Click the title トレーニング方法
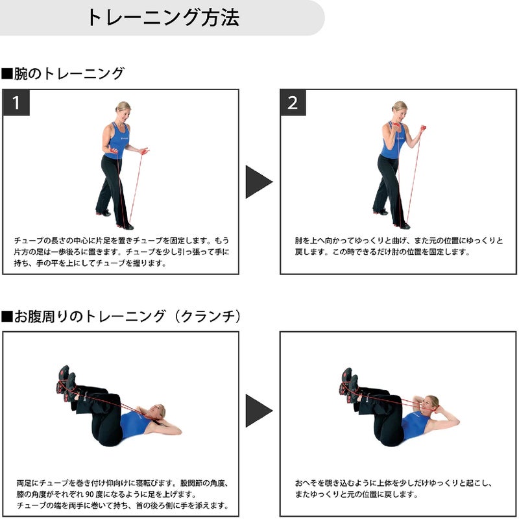[163, 18]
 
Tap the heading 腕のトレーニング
[63, 73]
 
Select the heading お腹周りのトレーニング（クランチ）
[121, 316]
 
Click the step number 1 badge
[16, 103]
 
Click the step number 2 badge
[293, 103]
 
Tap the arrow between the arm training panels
[259, 182]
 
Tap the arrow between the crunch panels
[259, 411]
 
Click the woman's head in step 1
[123, 110]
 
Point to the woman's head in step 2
[400, 110]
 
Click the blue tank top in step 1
[117, 141]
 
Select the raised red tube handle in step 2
[423, 128]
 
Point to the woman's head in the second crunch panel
[431, 404]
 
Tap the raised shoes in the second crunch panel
[350, 385]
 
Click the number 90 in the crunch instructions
[90, 494]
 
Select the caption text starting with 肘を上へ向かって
[399, 246]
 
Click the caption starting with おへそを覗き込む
[393, 489]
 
